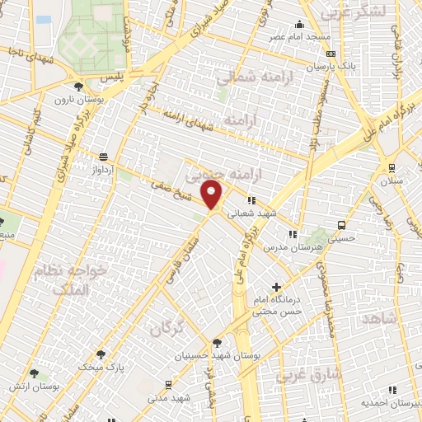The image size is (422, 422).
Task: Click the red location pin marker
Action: tap(213, 195)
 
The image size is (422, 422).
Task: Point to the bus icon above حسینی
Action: tap(340, 225)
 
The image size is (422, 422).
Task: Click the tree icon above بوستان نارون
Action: tap(78, 86)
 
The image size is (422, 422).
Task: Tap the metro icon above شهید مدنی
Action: tap(169, 384)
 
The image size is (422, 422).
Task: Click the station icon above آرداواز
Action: tap(103, 156)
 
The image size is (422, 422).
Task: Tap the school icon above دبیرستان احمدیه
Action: tap(393, 389)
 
